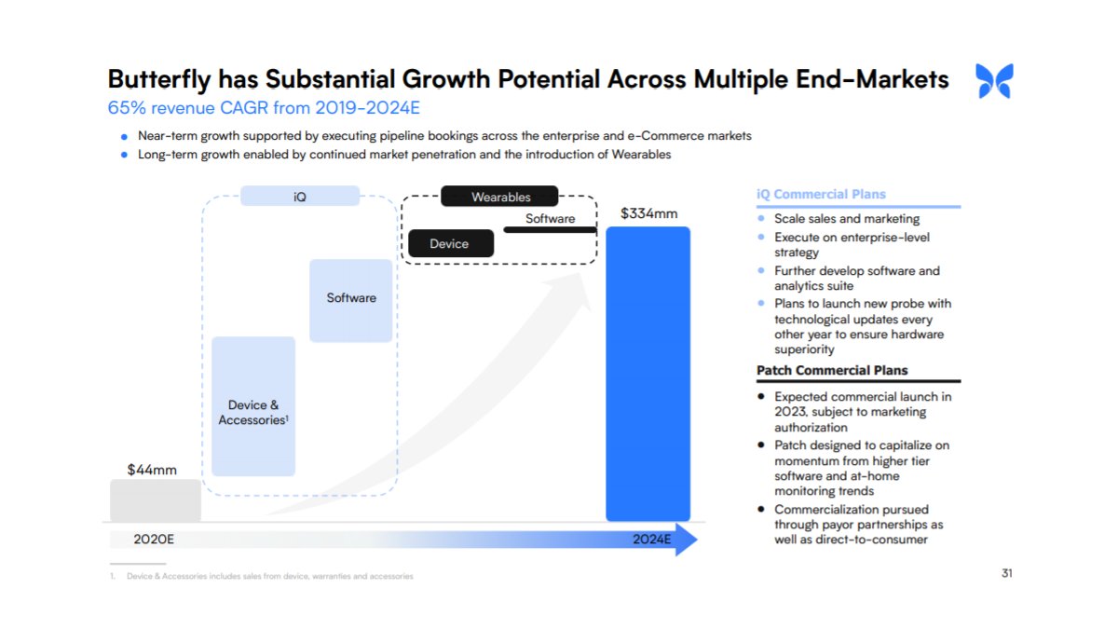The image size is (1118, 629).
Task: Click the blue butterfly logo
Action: (994, 81)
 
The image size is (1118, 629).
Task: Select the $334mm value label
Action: (648, 213)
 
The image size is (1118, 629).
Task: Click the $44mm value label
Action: (152, 470)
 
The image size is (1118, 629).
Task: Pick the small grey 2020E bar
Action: (156, 500)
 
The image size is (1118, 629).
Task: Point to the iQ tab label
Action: (299, 197)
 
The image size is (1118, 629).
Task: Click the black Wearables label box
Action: (500, 197)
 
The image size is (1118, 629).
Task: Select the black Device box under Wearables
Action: (449, 244)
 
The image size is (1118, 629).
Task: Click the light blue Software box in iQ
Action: (351, 299)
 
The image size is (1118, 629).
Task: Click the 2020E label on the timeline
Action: (154, 540)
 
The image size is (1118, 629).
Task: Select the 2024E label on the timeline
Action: (649, 540)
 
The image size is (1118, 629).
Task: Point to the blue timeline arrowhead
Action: (686, 540)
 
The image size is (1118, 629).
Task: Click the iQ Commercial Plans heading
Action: (821, 195)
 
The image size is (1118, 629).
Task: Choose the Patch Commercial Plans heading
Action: (832, 370)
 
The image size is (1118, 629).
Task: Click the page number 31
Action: (1006, 573)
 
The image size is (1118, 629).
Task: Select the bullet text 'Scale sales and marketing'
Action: (847, 219)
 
